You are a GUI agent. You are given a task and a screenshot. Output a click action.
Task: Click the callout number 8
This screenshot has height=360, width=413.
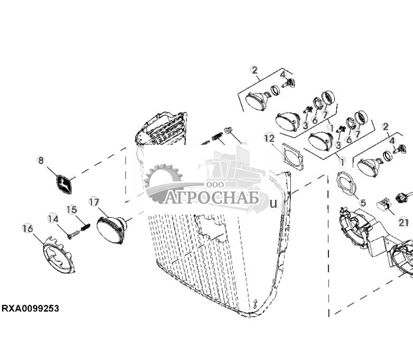click(x=41, y=160)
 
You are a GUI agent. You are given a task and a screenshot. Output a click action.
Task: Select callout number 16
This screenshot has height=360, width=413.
click(x=27, y=228)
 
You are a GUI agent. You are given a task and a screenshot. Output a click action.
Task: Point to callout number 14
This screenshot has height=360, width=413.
click(x=53, y=218)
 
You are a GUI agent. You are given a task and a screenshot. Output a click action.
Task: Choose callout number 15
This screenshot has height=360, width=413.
click(x=72, y=209)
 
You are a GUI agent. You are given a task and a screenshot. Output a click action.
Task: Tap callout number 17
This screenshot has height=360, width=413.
click(x=94, y=202)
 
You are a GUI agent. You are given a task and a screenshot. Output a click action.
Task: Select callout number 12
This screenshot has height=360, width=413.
click(x=269, y=139)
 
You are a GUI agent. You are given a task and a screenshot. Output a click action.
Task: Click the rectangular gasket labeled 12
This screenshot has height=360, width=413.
click(x=292, y=157)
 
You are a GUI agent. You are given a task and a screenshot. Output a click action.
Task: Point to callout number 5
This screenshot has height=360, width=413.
click(x=362, y=202)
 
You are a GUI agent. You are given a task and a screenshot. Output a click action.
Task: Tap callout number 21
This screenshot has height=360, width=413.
click(x=403, y=223)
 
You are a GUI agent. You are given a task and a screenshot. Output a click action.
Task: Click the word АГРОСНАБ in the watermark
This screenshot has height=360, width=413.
click(x=212, y=198)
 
